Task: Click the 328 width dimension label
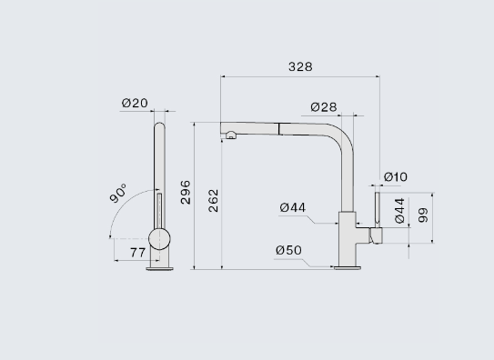(300, 66)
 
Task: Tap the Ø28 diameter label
(324, 107)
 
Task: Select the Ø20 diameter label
(135, 103)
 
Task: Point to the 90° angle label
(118, 193)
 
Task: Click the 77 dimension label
(137, 253)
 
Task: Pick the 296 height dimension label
(186, 193)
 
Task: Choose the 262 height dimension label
(213, 200)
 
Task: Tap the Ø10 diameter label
(396, 177)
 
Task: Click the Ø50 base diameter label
(288, 250)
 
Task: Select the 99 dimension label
(423, 215)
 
